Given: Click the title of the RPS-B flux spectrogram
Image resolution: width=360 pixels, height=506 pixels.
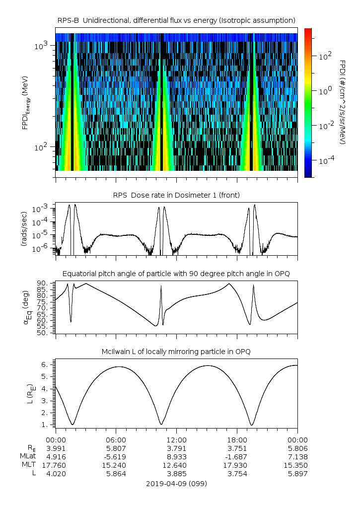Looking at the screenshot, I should (x=176, y=20).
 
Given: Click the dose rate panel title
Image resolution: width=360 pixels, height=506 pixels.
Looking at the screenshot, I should (x=176, y=195).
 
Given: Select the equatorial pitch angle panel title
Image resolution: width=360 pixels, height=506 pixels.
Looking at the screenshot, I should (x=176, y=274).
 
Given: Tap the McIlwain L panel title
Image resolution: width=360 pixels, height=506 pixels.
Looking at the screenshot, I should (x=176, y=352).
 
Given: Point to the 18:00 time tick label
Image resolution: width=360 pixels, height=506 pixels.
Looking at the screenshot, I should (x=237, y=439).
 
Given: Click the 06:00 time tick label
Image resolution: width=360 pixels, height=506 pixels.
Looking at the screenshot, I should (x=116, y=439).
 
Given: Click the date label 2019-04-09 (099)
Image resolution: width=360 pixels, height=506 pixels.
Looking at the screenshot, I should (x=176, y=483).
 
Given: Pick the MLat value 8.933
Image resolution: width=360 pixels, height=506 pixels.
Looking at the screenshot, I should (x=176, y=457).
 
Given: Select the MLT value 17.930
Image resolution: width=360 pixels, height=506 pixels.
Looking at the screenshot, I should (x=237, y=465).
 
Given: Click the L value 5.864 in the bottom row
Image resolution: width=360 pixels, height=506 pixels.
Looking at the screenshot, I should (x=116, y=474).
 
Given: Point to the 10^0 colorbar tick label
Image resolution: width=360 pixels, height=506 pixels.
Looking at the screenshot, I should (x=324, y=91).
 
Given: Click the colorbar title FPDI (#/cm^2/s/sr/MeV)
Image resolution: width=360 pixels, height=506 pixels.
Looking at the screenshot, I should (x=343, y=102).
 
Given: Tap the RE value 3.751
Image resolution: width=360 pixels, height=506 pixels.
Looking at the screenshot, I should (x=237, y=448).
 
